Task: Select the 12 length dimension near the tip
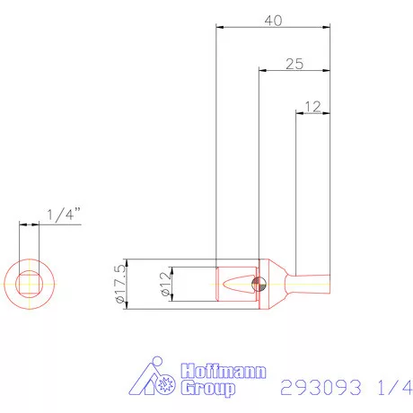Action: pyautogui.click(x=312, y=106)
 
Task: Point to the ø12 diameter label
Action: pyautogui.click(x=164, y=286)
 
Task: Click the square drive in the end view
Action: pyautogui.click(x=30, y=285)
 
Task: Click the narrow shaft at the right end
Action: pyautogui.click(x=314, y=279)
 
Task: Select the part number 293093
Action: pyautogui.click(x=321, y=387)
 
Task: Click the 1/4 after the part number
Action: pyautogui.click(x=390, y=387)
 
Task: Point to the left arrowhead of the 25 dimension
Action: pyautogui.click(x=261, y=69)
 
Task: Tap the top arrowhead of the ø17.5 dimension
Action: pyautogui.click(x=128, y=263)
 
